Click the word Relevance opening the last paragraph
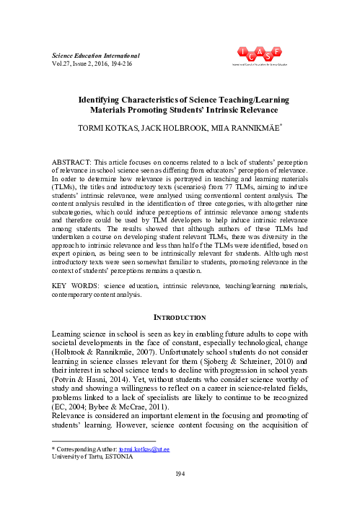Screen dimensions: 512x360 69,426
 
